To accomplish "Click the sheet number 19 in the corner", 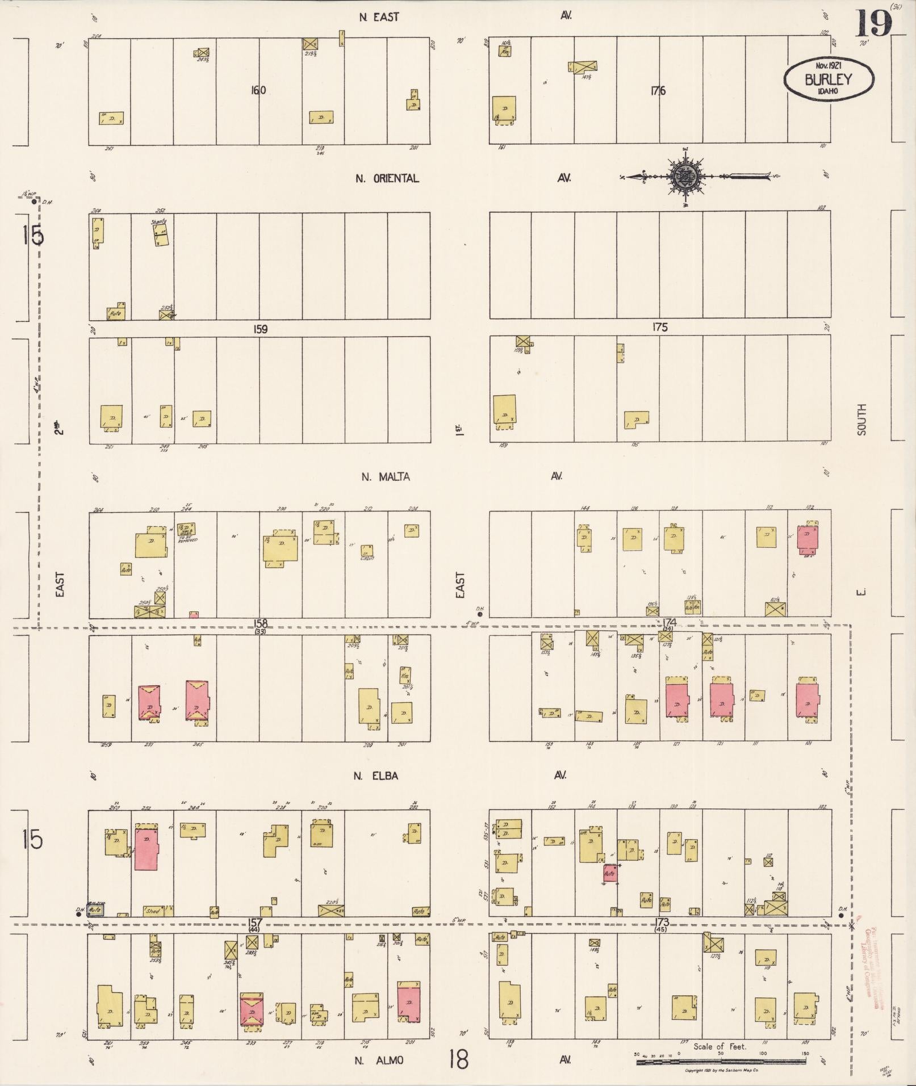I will (x=873, y=24).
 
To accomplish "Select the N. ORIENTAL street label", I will (x=387, y=178).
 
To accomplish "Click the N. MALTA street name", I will (x=386, y=477).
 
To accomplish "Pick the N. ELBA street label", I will (x=375, y=776).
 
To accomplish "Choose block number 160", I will (x=258, y=90).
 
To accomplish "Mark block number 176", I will (x=658, y=91).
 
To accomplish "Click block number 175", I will (x=660, y=327).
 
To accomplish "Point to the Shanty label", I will (x=159, y=221).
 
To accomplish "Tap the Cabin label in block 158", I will (x=367, y=557).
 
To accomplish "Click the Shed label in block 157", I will (x=153, y=911).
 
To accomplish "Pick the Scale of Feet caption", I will (x=720, y=1046).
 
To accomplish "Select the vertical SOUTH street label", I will (x=861, y=420).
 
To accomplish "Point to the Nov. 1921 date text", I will (x=829, y=66).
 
